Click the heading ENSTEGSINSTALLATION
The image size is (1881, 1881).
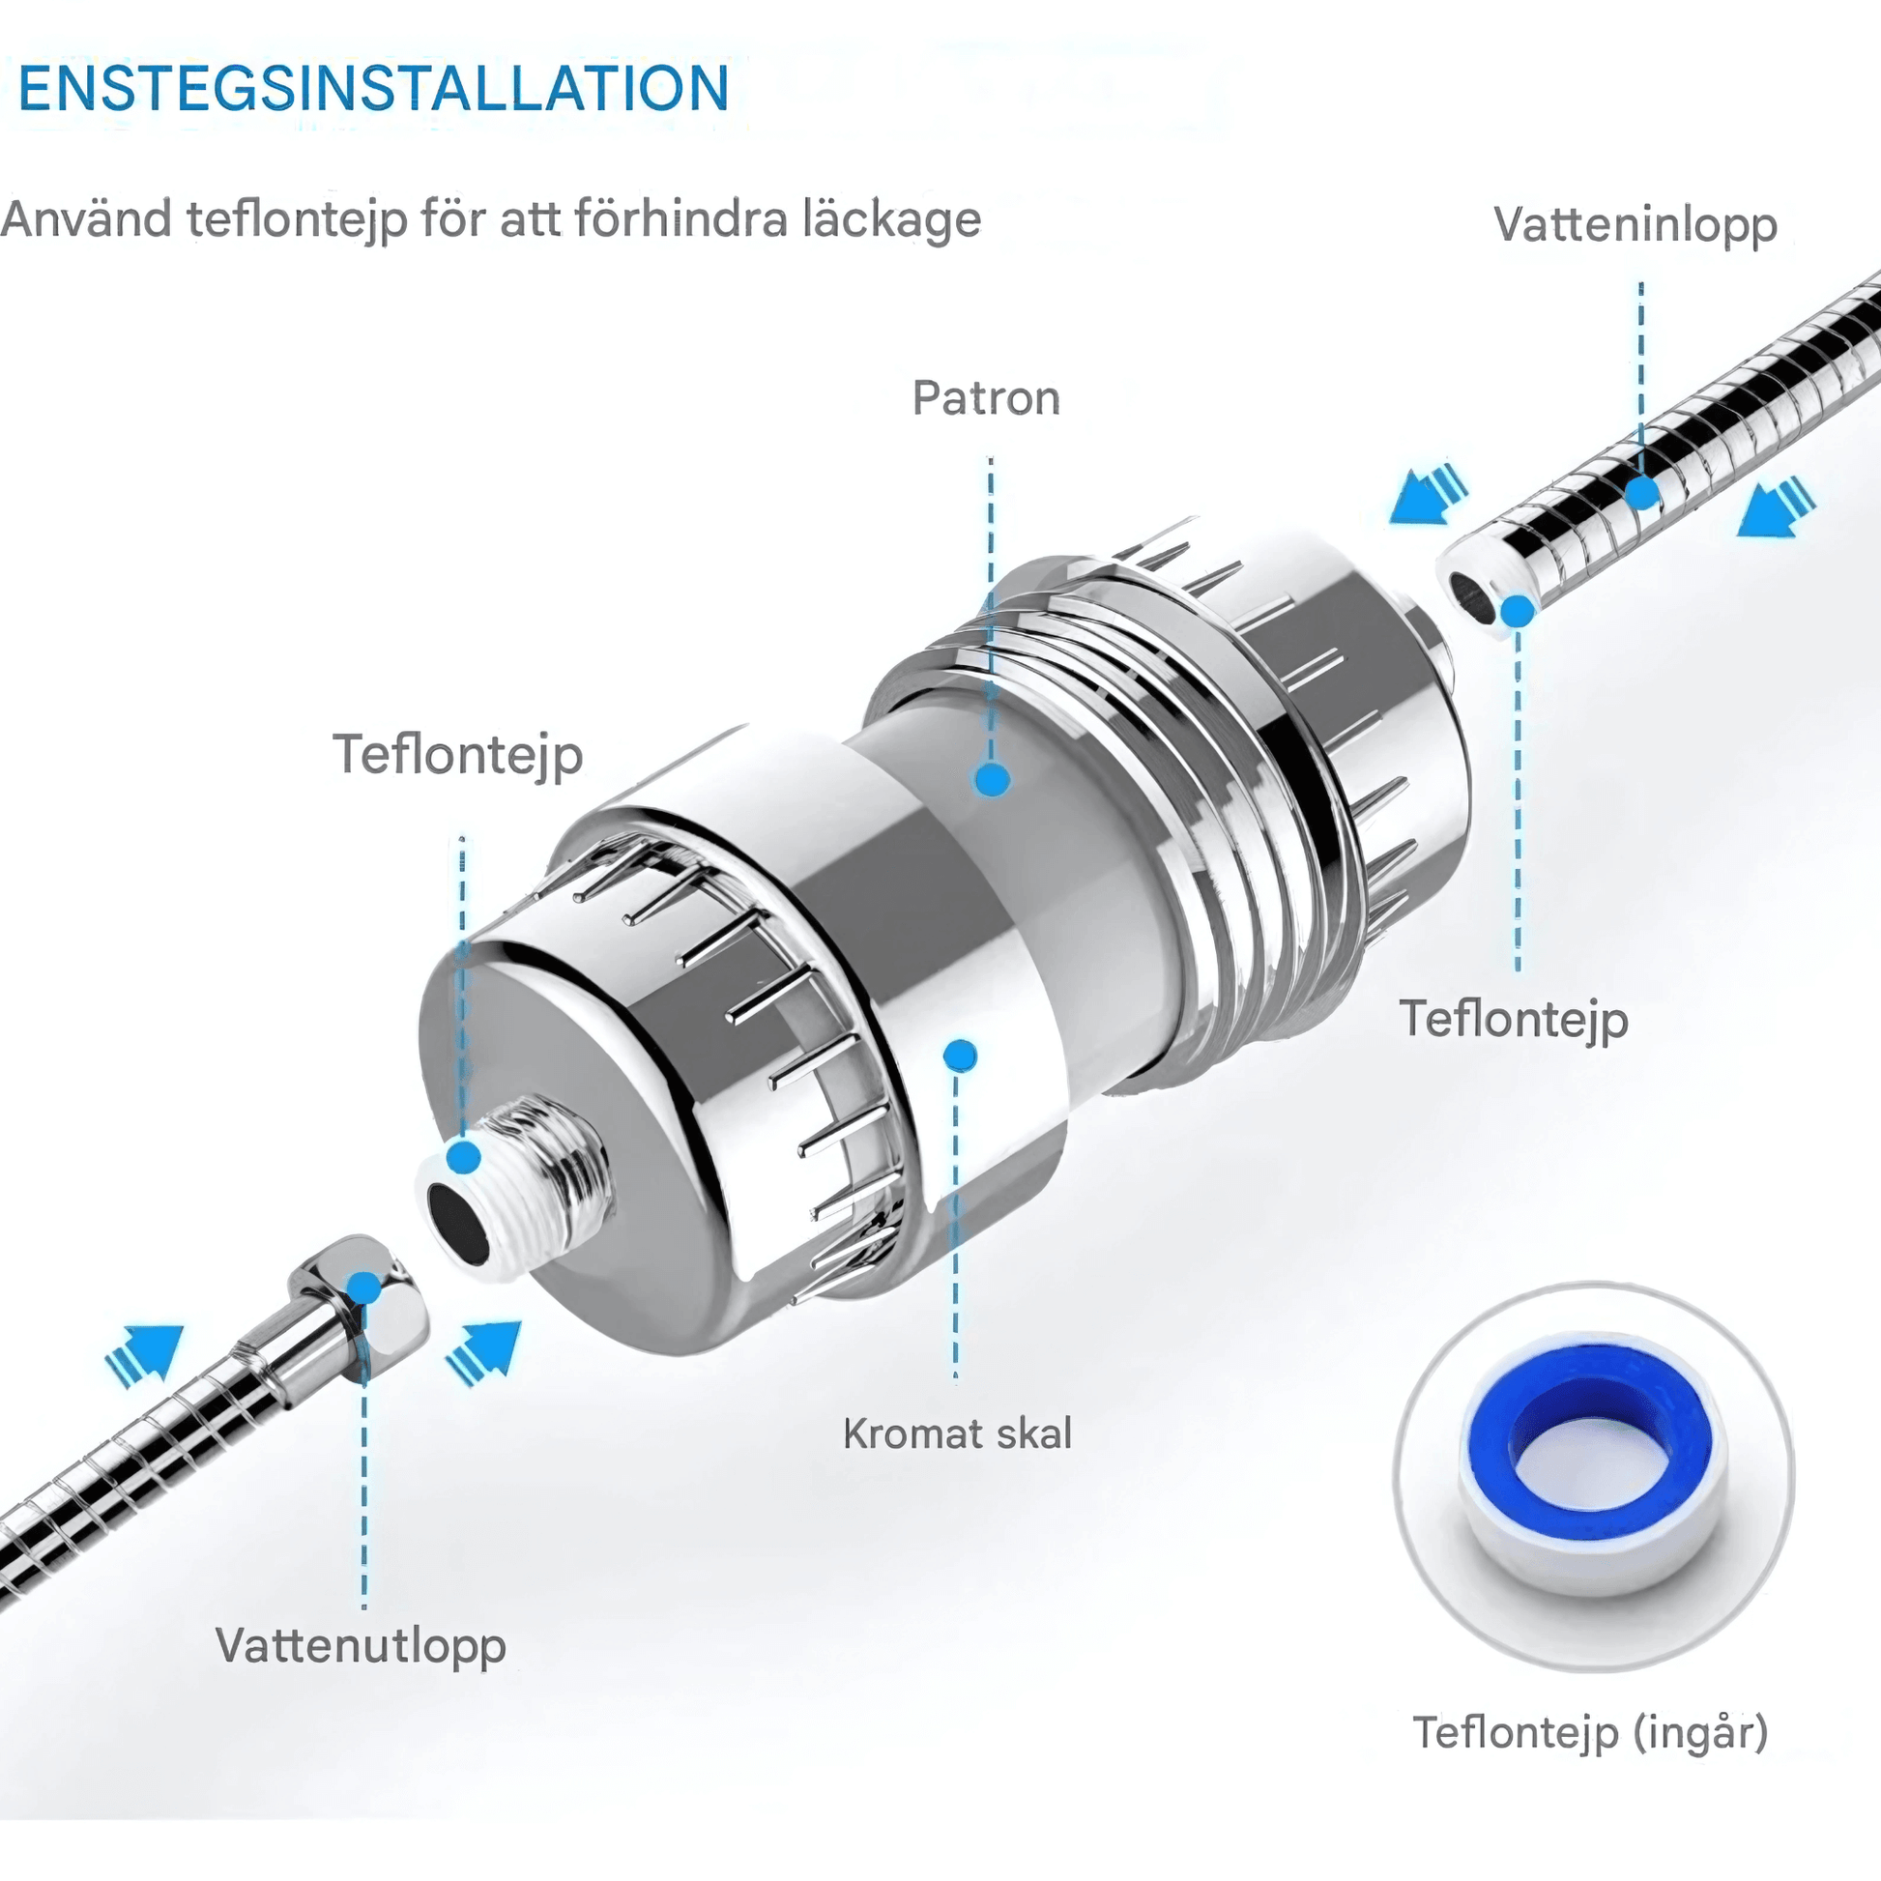tap(374, 89)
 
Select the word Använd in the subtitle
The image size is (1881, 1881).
tap(87, 218)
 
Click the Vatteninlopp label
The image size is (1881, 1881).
tap(1635, 225)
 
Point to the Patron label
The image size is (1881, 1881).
tap(986, 398)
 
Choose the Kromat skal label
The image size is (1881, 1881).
tap(957, 1434)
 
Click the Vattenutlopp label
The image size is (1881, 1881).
tap(362, 1646)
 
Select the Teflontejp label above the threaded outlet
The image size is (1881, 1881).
tap(458, 756)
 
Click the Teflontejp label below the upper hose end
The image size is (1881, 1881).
tap(1514, 1021)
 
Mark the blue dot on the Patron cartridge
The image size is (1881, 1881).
tap(992, 779)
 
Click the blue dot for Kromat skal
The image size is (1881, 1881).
tap(960, 1056)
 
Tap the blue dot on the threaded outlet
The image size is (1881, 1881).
tap(464, 1158)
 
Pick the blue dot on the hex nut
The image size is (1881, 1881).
tap(364, 1288)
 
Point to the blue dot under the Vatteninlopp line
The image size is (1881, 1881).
tap(1642, 493)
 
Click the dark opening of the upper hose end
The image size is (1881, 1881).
tap(1469, 596)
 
